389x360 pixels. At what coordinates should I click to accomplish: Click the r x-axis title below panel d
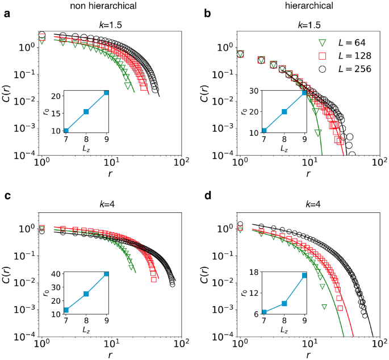click(x=308, y=355)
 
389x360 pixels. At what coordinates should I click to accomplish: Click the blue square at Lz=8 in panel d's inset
click(x=285, y=303)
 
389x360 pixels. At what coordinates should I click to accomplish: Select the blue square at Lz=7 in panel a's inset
click(x=66, y=131)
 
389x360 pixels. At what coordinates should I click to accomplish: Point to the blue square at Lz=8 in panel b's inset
click(x=285, y=112)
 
